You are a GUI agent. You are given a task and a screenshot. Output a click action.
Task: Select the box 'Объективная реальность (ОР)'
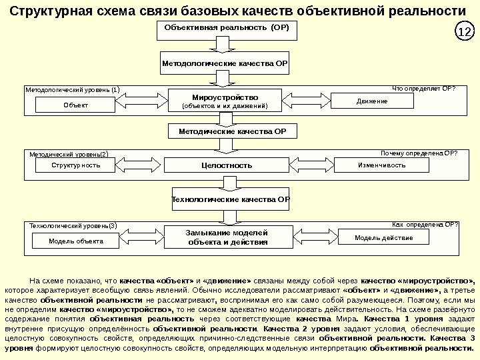point(227,31)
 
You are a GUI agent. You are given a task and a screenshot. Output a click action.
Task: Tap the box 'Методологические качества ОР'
point(225,63)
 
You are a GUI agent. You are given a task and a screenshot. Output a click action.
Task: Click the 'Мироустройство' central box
point(225,101)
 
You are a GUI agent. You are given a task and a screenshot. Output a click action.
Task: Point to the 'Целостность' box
point(227,165)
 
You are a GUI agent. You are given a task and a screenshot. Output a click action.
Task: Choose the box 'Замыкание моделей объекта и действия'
point(227,237)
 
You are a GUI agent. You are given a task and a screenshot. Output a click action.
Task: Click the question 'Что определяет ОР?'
point(423,87)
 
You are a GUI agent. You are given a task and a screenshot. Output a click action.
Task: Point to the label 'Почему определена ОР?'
point(419,153)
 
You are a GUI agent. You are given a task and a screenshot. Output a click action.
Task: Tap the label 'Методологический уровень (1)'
point(73,89)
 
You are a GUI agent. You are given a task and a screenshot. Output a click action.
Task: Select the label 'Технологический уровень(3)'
point(73,226)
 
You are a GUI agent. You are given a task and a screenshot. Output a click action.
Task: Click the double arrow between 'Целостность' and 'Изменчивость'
point(312,163)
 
